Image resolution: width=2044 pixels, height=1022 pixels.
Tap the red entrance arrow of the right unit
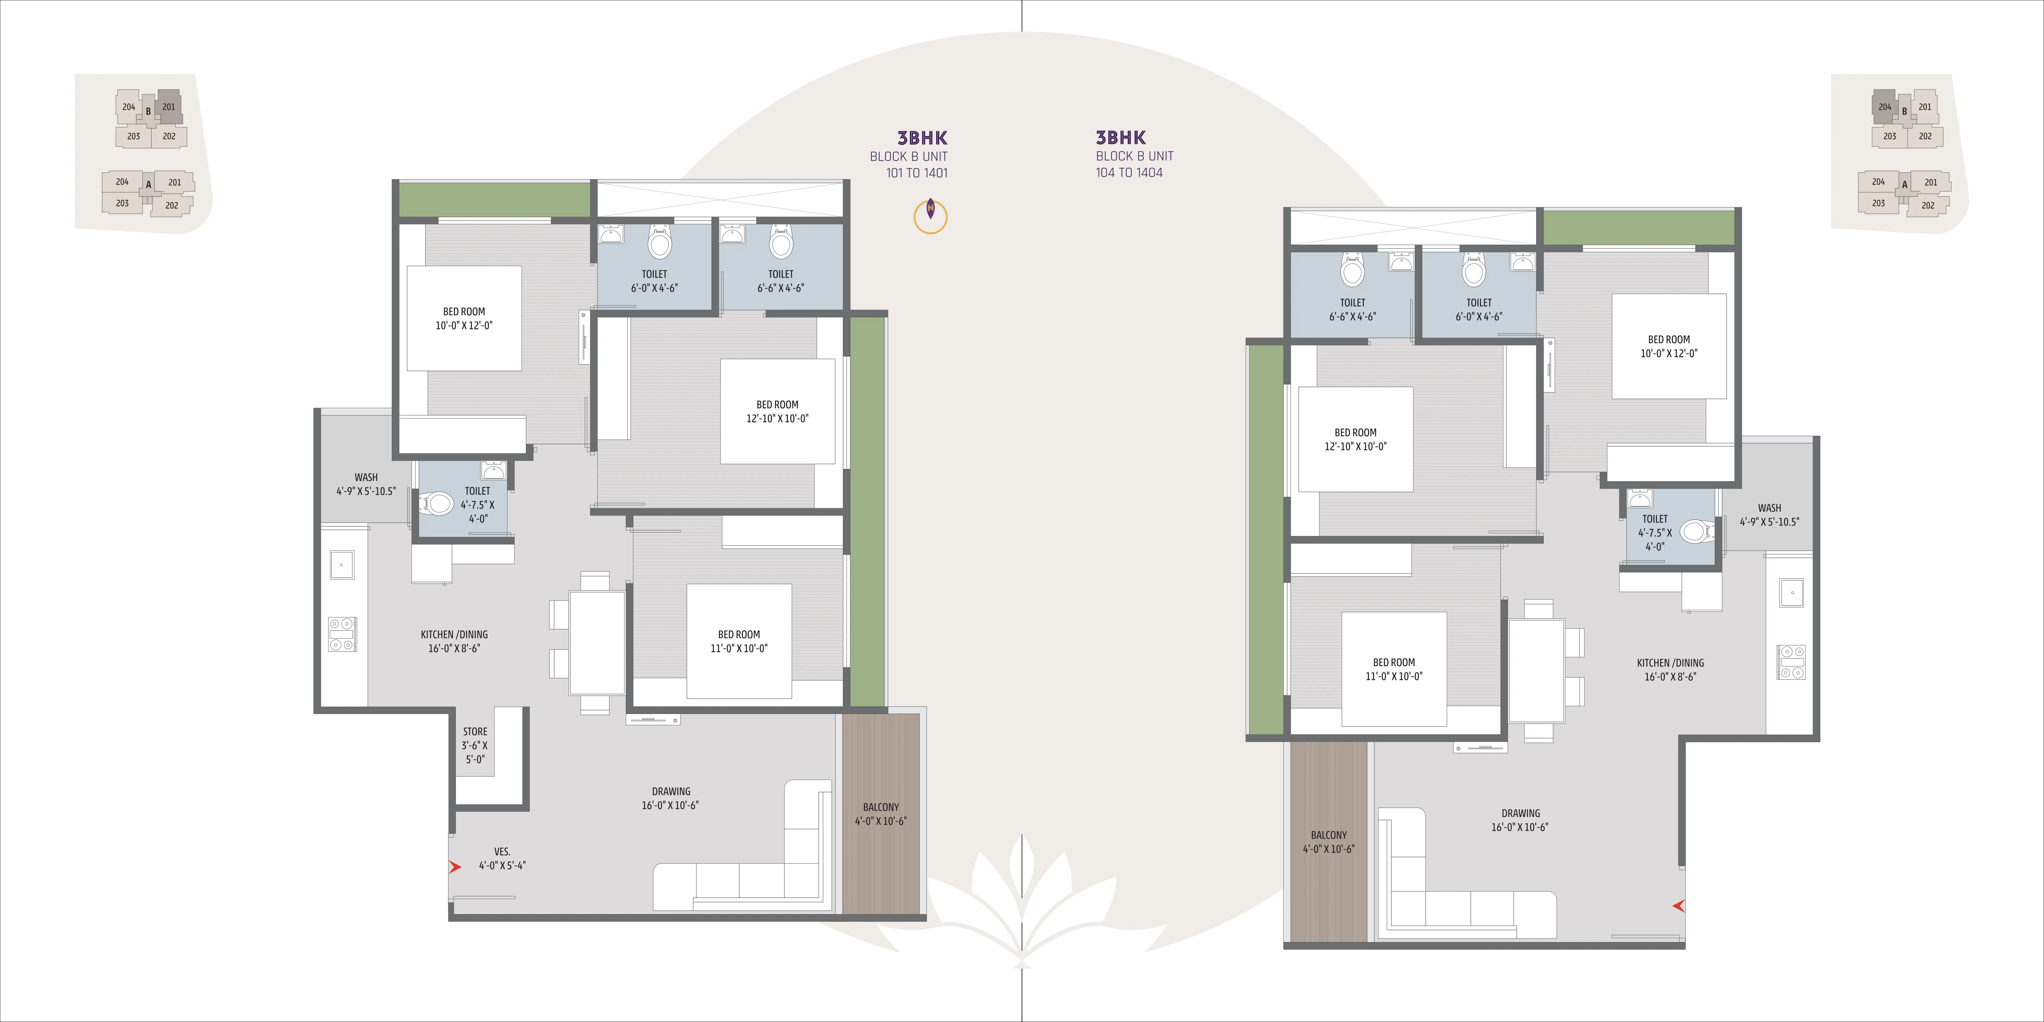tap(1678, 905)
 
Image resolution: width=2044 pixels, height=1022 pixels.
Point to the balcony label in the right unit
tap(1328, 842)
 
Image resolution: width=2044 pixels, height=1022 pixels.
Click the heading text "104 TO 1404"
tap(1129, 173)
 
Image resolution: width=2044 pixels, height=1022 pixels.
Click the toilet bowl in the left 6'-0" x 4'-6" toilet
tap(659, 242)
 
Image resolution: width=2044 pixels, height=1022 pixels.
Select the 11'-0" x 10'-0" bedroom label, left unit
tap(739, 641)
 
